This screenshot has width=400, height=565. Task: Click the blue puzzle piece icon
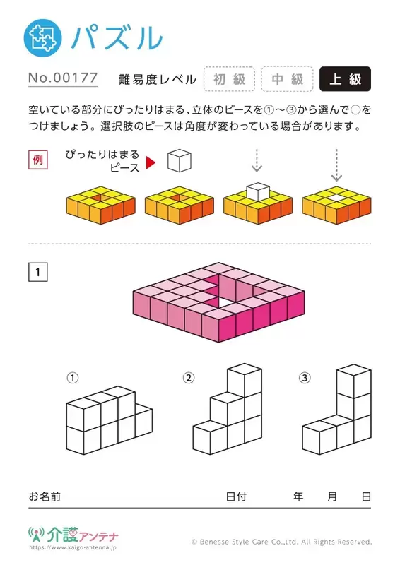point(42,38)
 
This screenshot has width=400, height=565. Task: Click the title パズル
point(117,38)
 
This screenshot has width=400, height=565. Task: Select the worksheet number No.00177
point(63,78)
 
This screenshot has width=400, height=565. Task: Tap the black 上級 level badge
point(345,79)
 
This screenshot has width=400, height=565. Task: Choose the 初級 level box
point(230,79)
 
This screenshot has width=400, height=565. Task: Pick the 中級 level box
point(287,79)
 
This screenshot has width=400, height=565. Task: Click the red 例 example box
point(38,160)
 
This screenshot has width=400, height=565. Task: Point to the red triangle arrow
point(151,162)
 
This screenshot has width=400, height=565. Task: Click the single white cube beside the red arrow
point(180,161)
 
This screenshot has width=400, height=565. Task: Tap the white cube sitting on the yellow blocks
point(258,191)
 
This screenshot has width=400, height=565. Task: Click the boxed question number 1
point(38,272)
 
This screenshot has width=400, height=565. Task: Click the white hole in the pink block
point(220,304)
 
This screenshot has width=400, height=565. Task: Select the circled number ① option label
point(73,378)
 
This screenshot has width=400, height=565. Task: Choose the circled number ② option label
point(189,378)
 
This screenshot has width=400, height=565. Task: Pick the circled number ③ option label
point(305,378)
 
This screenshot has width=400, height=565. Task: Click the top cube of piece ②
point(245,380)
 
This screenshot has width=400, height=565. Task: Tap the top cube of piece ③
point(354,381)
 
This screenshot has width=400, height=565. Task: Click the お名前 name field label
point(45,496)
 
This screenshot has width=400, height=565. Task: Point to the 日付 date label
point(236,496)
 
